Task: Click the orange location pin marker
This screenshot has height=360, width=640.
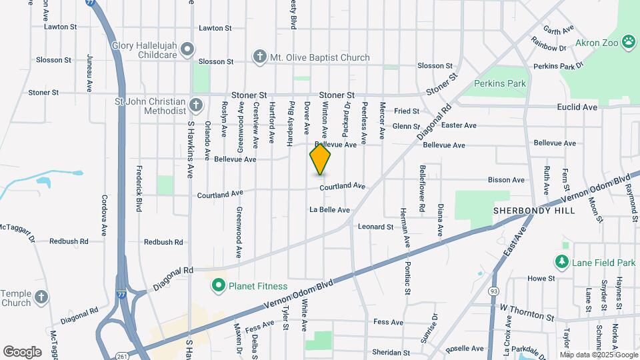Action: [321, 160]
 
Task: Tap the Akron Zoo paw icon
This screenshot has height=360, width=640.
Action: [628, 42]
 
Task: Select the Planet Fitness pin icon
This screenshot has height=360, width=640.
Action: [217, 287]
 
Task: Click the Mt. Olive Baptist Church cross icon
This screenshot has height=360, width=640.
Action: [259, 57]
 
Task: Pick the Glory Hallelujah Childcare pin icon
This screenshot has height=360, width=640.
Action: [188, 49]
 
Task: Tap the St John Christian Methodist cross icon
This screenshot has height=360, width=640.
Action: [195, 105]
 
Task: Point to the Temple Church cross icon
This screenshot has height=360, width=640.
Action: [41, 297]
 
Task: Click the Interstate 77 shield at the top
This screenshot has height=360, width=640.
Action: [90, 3]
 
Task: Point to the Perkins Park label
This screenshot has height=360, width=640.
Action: [500, 83]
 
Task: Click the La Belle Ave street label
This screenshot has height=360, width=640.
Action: [329, 209]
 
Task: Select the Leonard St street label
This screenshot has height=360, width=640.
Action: [375, 227]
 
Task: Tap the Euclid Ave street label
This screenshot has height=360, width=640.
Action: [577, 107]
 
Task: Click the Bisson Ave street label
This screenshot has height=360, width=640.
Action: [507, 180]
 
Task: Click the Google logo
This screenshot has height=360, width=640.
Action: [22, 351]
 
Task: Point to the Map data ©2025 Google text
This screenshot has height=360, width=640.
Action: [597, 354]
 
